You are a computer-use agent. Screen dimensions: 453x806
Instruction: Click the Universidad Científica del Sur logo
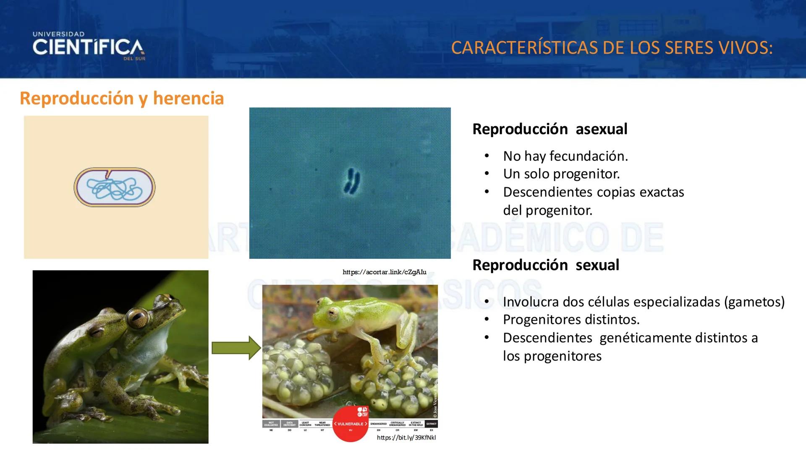coord(89,46)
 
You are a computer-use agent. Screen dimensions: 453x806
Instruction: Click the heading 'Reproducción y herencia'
coord(122,98)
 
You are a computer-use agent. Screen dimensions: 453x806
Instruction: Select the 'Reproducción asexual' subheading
coord(550,129)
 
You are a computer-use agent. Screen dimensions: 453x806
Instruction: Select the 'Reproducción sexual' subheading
coord(545,265)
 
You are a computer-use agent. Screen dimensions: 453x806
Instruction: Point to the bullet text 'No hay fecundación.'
coord(565,156)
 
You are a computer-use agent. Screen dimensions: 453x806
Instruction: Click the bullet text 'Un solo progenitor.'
coord(561,174)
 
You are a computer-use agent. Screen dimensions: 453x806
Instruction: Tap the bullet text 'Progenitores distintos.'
coord(571,320)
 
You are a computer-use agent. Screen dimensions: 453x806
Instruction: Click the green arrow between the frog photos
coord(236,348)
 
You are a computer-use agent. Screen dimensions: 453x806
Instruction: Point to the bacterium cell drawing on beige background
coord(115,187)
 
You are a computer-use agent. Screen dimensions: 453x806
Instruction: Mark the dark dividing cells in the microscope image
coord(351,181)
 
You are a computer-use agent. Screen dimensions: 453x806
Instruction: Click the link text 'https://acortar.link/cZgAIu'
coord(384,272)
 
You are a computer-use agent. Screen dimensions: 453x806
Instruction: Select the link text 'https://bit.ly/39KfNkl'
coord(406,437)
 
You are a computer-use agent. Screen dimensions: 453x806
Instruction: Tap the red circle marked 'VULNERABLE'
coord(351,424)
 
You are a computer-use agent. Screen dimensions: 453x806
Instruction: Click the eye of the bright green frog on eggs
coord(334,312)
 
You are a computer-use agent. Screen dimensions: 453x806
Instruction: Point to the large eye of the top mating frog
coord(137,318)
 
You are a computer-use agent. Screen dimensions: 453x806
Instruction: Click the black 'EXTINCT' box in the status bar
coord(431,424)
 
